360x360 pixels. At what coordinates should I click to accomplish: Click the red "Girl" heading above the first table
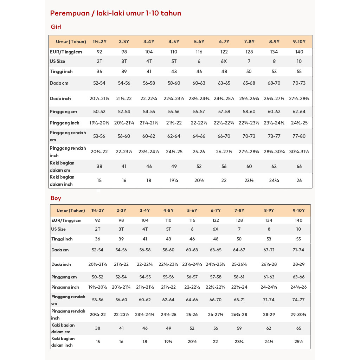(56, 27)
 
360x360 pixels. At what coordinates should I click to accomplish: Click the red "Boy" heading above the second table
(56, 198)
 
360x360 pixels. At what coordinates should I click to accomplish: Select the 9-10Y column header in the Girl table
(299, 41)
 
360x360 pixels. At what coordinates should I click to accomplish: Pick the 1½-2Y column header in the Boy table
(97, 211)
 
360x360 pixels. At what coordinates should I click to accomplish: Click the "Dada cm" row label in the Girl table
(59, 83)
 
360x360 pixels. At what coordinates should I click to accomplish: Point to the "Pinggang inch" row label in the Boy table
(65, 287)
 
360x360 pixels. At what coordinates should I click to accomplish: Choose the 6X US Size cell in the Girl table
(224, 61)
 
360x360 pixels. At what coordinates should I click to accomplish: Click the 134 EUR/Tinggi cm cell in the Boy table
(269, 220)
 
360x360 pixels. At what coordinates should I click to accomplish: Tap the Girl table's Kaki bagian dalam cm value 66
(299, 167)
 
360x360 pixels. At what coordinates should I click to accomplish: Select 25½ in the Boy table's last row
(298, 342)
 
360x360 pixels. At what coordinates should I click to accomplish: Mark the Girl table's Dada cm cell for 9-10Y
(299, 83)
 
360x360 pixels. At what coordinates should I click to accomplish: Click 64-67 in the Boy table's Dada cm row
(239, 250)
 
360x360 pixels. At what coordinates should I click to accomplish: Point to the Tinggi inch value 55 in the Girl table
(299, 72)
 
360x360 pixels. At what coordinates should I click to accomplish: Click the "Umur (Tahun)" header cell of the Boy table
(71, 211)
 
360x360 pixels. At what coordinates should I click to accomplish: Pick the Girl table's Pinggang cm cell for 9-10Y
(299, 112)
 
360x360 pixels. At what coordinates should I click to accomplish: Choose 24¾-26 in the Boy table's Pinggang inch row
(298, 287)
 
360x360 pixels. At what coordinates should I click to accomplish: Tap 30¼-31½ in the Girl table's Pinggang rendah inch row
(299, 152)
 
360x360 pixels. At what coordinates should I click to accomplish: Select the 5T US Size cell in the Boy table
(168, 229)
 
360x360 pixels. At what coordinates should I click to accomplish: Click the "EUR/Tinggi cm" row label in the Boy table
(66, 220)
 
